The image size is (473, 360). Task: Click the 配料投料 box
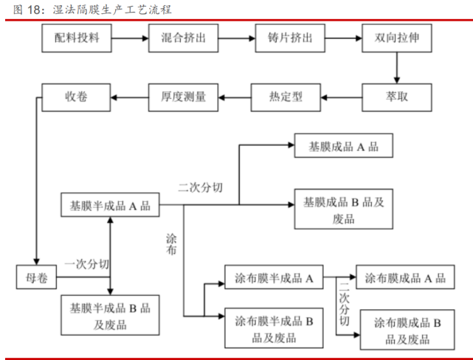coord(76,38)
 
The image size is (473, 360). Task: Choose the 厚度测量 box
coord(183,96)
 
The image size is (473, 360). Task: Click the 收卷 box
coord(76,96)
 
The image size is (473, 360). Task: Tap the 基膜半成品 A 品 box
coord(109,205)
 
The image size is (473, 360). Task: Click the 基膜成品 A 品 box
coord(343,147)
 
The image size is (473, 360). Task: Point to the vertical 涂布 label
coord(172,245)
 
